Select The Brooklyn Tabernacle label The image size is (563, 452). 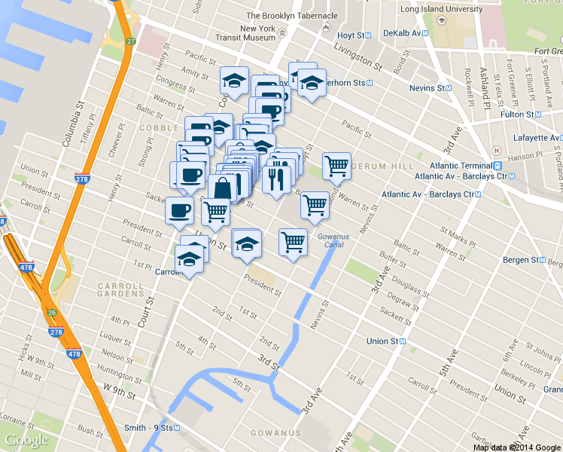(x=291, y=15)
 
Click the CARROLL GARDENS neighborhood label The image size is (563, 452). (x=120, y=291)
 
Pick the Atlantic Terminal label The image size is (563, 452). (x=460, y=166)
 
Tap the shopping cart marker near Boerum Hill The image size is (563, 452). (x=336, y=166)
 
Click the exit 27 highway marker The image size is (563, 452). (x=130, y=41)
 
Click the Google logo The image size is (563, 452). (x=26, y=440)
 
